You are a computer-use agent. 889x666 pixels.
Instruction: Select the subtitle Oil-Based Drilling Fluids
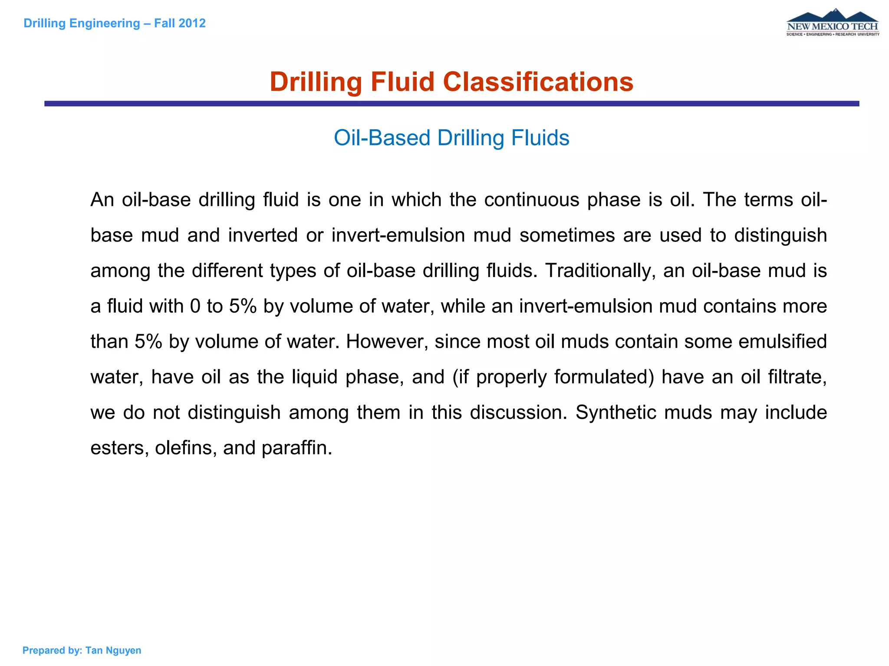pyautogui.click(x=451, y=138)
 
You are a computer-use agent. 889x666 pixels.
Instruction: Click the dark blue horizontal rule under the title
pyautogui.click(x=451, y=104)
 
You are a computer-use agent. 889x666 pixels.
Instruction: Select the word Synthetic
pyautogui.click(x=616, y=412)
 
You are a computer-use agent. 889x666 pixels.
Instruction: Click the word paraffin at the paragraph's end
pyautogui.click(x=296, y=448)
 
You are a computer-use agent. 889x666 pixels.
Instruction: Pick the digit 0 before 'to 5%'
pyautogui.click(x=195, y=306)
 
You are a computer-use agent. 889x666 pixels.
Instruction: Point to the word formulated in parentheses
pyautogui.click(x=565, y=377)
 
